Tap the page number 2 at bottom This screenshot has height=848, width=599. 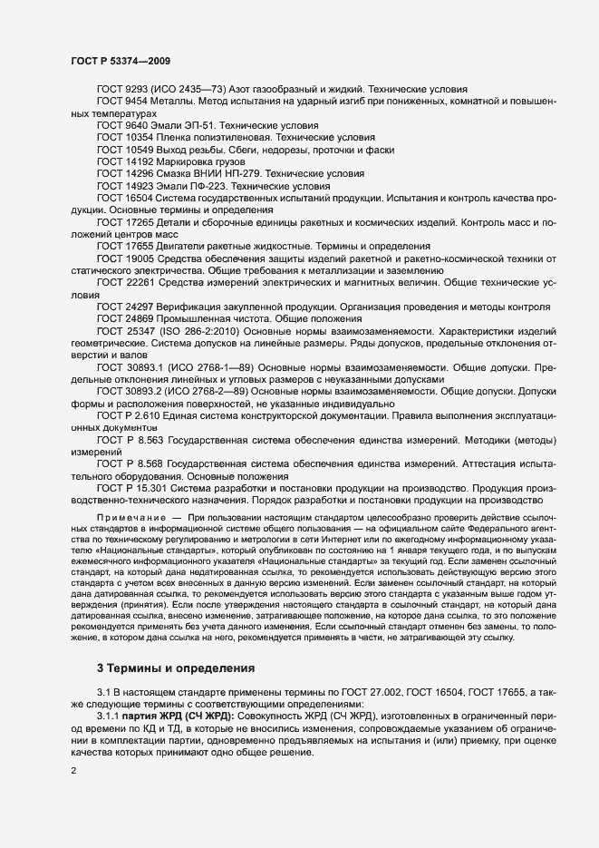point(73,771)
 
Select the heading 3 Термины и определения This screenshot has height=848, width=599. point(176,669)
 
